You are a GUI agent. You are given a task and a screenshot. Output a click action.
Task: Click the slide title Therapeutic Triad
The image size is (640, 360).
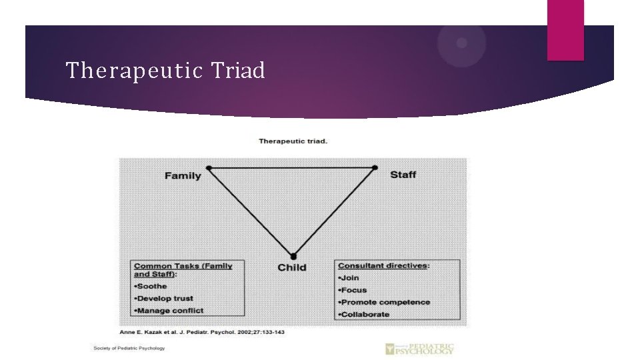[165, 70]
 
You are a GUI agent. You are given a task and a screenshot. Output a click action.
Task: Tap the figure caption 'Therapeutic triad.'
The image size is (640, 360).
[293, 141]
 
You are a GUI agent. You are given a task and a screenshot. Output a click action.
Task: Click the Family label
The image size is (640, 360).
[183, 176]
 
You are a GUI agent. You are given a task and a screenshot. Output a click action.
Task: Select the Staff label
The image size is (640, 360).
[403, 175]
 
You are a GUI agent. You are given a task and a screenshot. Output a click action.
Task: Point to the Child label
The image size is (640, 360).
[292, 267]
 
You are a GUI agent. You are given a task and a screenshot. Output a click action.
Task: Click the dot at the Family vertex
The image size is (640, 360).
[209, 167]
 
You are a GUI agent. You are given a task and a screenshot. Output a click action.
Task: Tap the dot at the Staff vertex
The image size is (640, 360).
[375, 167]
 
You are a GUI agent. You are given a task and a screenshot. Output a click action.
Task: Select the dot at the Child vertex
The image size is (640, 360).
[293, 256]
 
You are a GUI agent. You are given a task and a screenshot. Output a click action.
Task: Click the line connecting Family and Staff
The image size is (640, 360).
[292, 167]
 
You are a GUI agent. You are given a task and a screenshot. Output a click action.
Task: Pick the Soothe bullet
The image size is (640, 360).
[151, 286]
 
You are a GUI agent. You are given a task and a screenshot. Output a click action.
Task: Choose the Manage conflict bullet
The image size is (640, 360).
[169, 310]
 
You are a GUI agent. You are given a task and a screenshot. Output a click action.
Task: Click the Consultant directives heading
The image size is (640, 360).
[383, 265]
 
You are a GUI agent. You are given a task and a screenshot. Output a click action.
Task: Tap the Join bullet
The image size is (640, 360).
[349, 277]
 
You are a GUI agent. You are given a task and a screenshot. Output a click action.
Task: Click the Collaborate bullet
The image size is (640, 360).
[364, 314]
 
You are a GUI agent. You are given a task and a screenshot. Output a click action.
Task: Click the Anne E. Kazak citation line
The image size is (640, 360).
[201, 331]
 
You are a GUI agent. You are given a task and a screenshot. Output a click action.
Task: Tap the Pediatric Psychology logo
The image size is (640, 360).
[419, 348]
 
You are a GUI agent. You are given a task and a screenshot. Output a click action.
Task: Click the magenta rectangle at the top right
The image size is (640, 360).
[565, 30]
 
